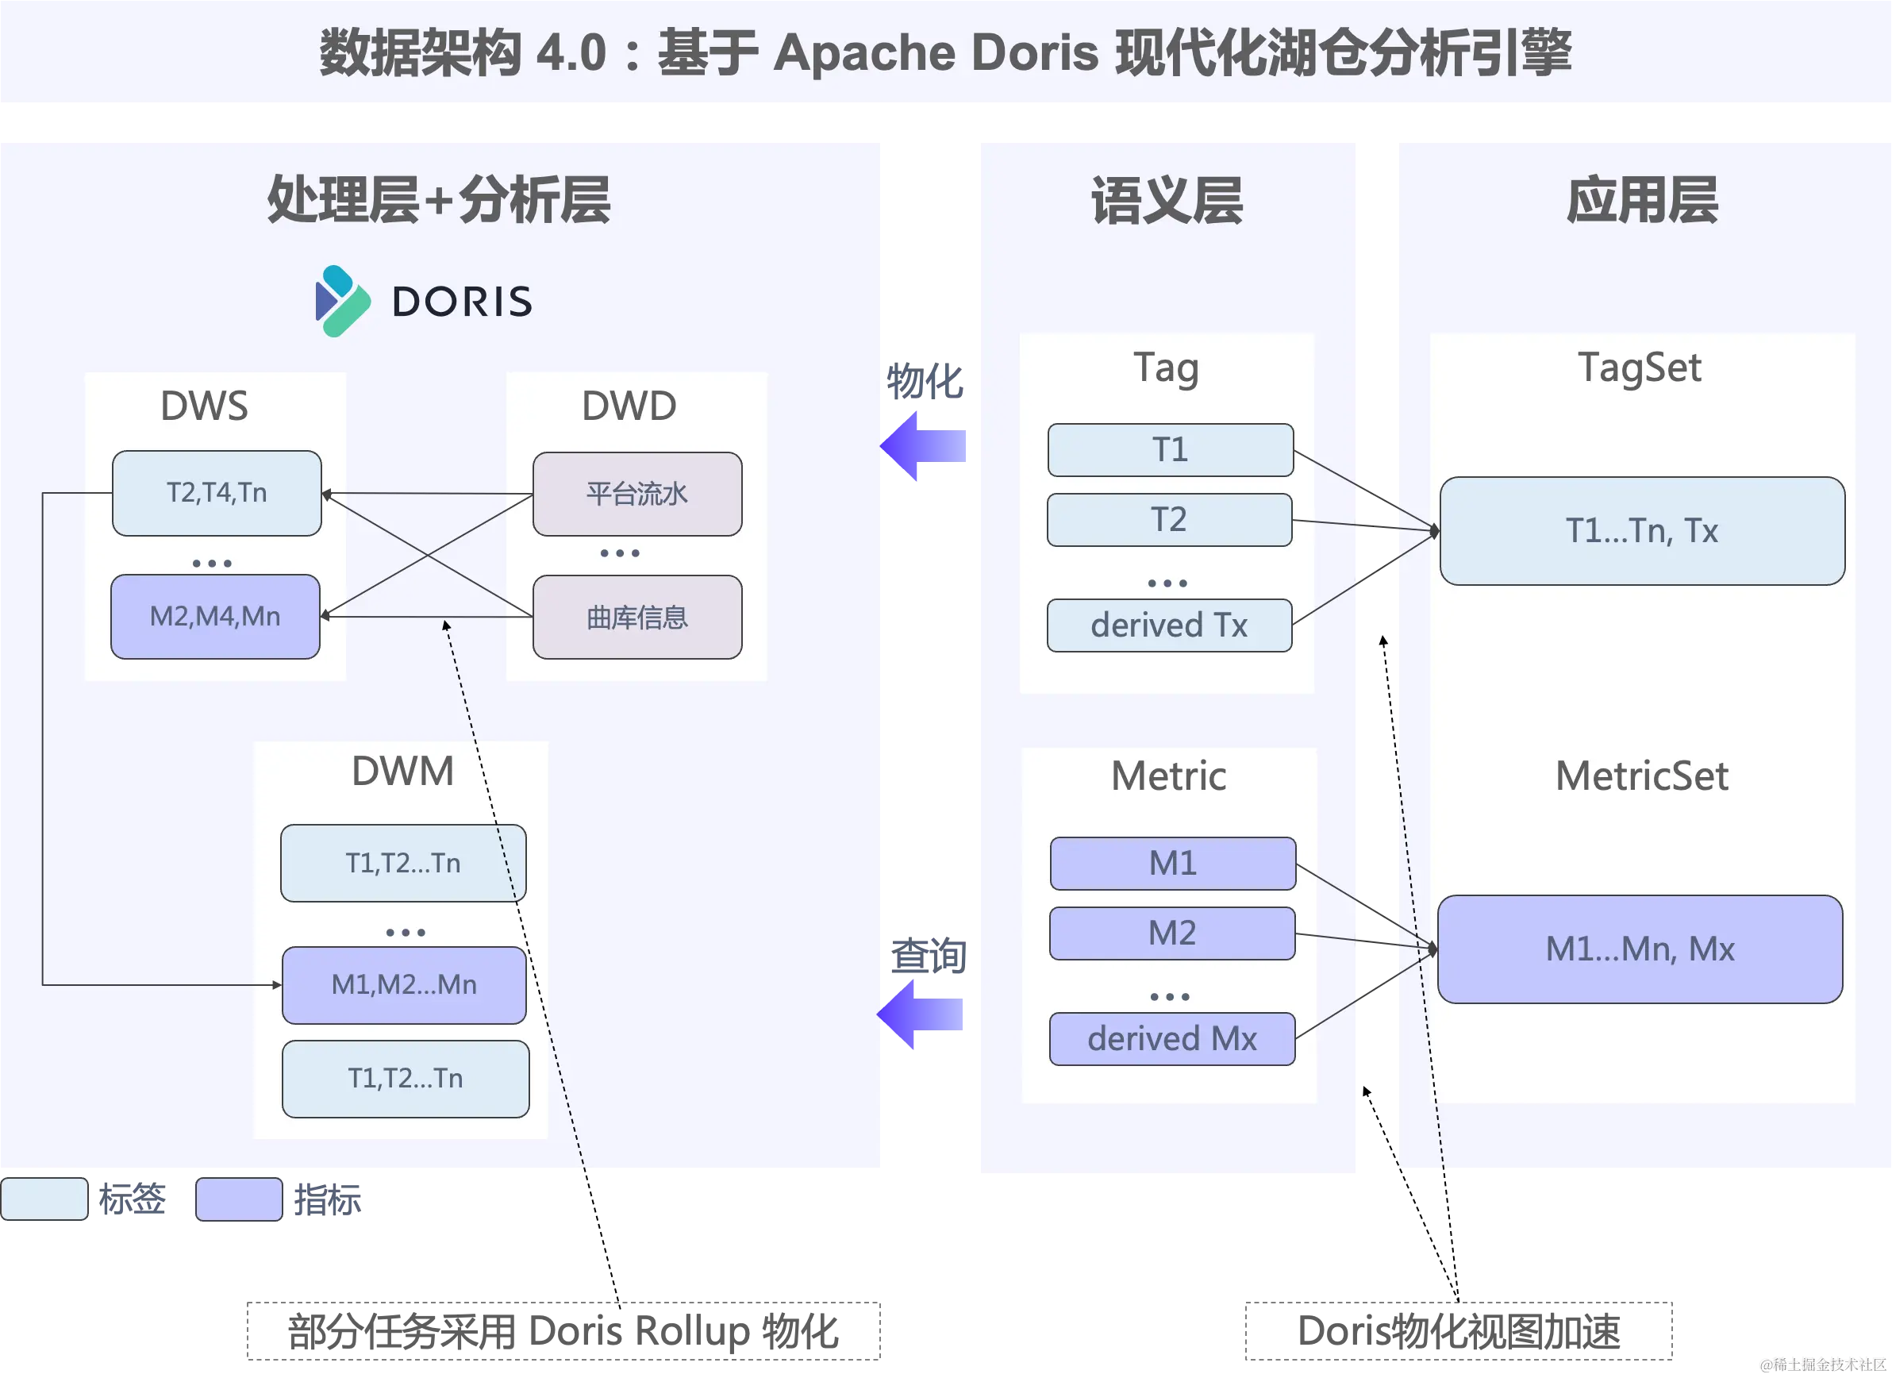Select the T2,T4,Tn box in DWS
tap(217, 493)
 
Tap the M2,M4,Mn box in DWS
tap(215, 617)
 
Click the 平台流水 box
tap(637, 494)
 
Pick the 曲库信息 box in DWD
tap(637, 618)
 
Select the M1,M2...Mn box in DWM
tap(405, 985)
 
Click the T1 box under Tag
tap(1171, 450)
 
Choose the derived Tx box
tap(1170, 625)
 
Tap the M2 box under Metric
tap(1172, 933)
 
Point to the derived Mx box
tap(1172, 1039)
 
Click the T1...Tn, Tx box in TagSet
tap(1642, 531)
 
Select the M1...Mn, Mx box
tap(1640, 949)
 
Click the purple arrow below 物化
tap(923, 445)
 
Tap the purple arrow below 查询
tap(919, 1014)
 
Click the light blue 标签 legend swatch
tap(44, 1199)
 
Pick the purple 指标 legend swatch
tap(240, 1199)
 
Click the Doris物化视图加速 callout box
tap(1459, 1331)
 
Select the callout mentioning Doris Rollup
tap(564, 1331)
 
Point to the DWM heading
tap(403, 771)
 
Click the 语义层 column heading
tap(1167, 200)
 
